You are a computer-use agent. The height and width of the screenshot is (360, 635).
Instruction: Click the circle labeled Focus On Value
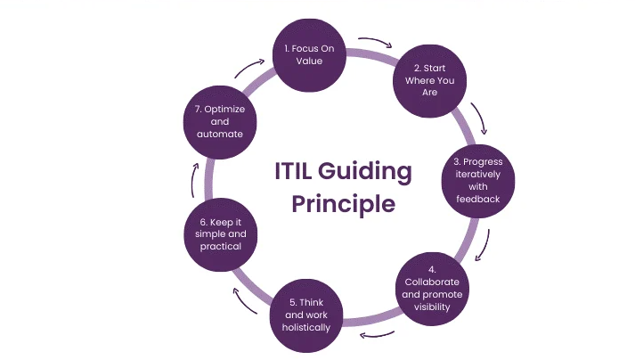[308, 55]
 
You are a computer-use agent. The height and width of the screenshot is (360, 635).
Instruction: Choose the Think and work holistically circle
[308, 315]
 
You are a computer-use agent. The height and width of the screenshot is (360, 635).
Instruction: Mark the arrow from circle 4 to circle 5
[378, 334]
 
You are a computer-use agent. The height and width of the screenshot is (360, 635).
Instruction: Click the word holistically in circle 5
[308, 327]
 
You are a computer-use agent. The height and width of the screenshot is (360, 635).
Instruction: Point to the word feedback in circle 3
[478, 199]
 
